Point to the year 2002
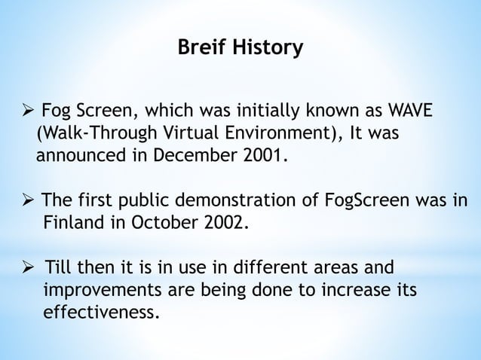[222, 224]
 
